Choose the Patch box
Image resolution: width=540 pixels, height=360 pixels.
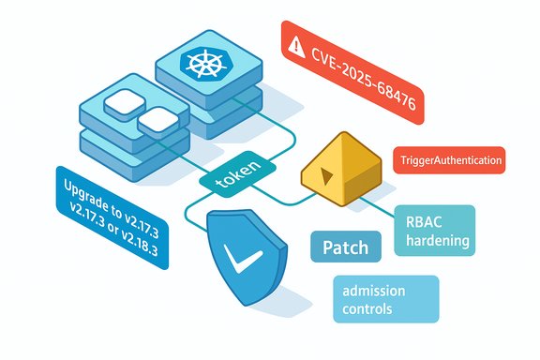pyautogui.click(x=345, y=248)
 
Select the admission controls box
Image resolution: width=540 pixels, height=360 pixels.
pyautogui.click(x=385, y=299)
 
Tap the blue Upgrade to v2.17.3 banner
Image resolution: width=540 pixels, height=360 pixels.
pyautogui.click(x=111, y=216)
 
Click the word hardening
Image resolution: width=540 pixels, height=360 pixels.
pyautogui.click(x=435, y=240)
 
